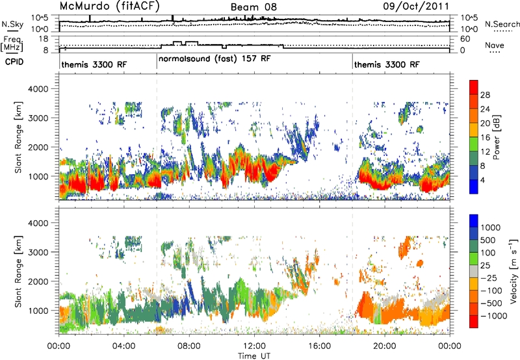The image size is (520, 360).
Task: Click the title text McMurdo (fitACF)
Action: (x=109, y=6)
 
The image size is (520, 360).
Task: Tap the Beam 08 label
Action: (x=253, y=7)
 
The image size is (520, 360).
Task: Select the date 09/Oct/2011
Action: (x=416, y=6)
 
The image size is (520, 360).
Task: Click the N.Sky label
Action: (x=12, y=24)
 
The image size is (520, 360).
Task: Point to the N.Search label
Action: (x=502, y=24)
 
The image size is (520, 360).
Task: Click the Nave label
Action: (x=495, y=45)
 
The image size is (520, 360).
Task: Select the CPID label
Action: (x=14, y=62)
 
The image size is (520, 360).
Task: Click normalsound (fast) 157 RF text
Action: (x=214, y=59)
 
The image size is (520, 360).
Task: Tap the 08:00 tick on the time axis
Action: (x=189, y=346)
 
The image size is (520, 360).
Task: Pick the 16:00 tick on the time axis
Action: (x=319, y=346)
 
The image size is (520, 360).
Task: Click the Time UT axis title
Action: (x=254, y=356)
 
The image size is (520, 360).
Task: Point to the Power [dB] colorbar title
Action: (x=496, y=137)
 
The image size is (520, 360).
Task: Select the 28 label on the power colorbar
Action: (x=485, y=95)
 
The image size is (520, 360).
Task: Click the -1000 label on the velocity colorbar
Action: (x=493, y=316)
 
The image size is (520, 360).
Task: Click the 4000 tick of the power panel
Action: (x=38, y=89)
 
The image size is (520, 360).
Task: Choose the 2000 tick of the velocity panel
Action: (x=38, y=281)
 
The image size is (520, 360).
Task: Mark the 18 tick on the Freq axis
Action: (x=44, y=39)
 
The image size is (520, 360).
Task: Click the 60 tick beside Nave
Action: (x=465, y=39)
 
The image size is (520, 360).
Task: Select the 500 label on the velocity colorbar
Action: (x=487, y=240)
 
